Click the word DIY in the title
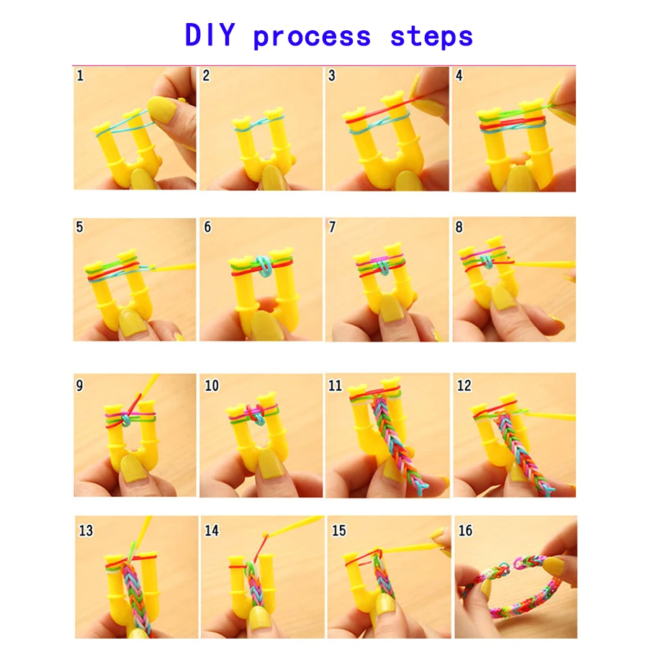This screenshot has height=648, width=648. tap(210, 35)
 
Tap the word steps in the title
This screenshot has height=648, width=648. tap(431, 37)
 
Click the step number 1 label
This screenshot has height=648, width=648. tap(80, 76)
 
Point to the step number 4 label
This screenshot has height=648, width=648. tap(459, 76)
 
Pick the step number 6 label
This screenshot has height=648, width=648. tap(207, 227)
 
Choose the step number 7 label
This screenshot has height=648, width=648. tap(332, 227)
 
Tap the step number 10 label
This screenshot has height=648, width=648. tap(212, 386)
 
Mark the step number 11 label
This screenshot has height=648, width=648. tap(335, 386)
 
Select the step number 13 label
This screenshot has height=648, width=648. tap(86, 531)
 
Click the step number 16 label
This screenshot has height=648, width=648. tap(465, 531)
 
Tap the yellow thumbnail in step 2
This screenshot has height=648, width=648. tap(272, 178)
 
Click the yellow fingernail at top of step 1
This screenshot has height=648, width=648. tap(163, 109)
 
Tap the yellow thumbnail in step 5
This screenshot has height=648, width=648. tap(132, 323)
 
